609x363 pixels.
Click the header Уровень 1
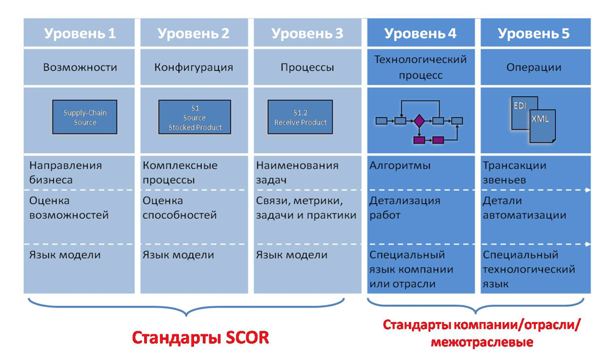pyautogui.click(x=79, y=33)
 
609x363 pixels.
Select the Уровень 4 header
pyautogui.click(x=420, y=33)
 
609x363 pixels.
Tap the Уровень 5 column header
pyautogui.click(x=534, y=33)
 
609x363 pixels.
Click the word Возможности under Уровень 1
pyautogui.click(x=79, y=67)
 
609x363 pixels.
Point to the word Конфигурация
pyautogui.click(x=193, y=67)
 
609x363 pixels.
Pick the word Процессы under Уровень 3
pyautogui.click(x=307, y=67)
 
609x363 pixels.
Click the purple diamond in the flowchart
pyautogui.click(x=419, y=121)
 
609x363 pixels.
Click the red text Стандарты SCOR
pyautogui.click(x=200, y=337)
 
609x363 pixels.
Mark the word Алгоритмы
pyautogui.click(x=400, y=166)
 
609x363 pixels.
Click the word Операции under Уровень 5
pyautogui.click(x=534, y=67)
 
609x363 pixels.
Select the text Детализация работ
pyautogui.click(x=405, y=207)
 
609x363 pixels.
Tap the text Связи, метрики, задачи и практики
pyautogui.click(x=306, y=207)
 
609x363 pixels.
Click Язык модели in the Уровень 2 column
pyautogui.click(x=178, y=255)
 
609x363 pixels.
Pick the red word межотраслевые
pyautogui.click(x=482, y=342)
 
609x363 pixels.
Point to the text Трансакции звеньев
pyautogui.click(x=514, y=172)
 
